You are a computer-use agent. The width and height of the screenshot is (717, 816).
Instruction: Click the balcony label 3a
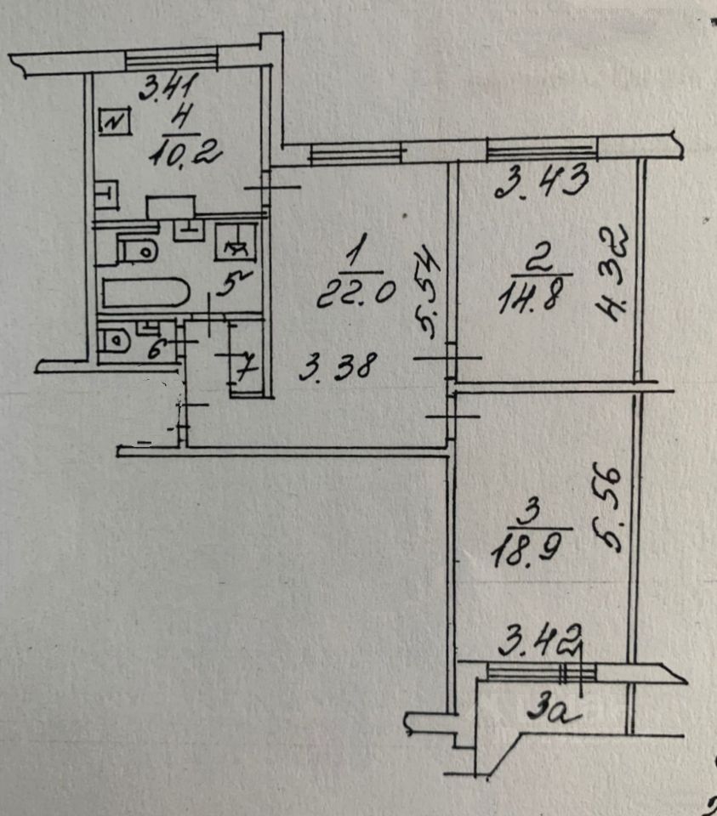click(x=556, y=707)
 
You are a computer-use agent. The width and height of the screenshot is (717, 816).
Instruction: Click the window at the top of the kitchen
click(x=172, y=59)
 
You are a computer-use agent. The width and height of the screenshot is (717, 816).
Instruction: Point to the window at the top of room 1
click(x=355, y=153)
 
